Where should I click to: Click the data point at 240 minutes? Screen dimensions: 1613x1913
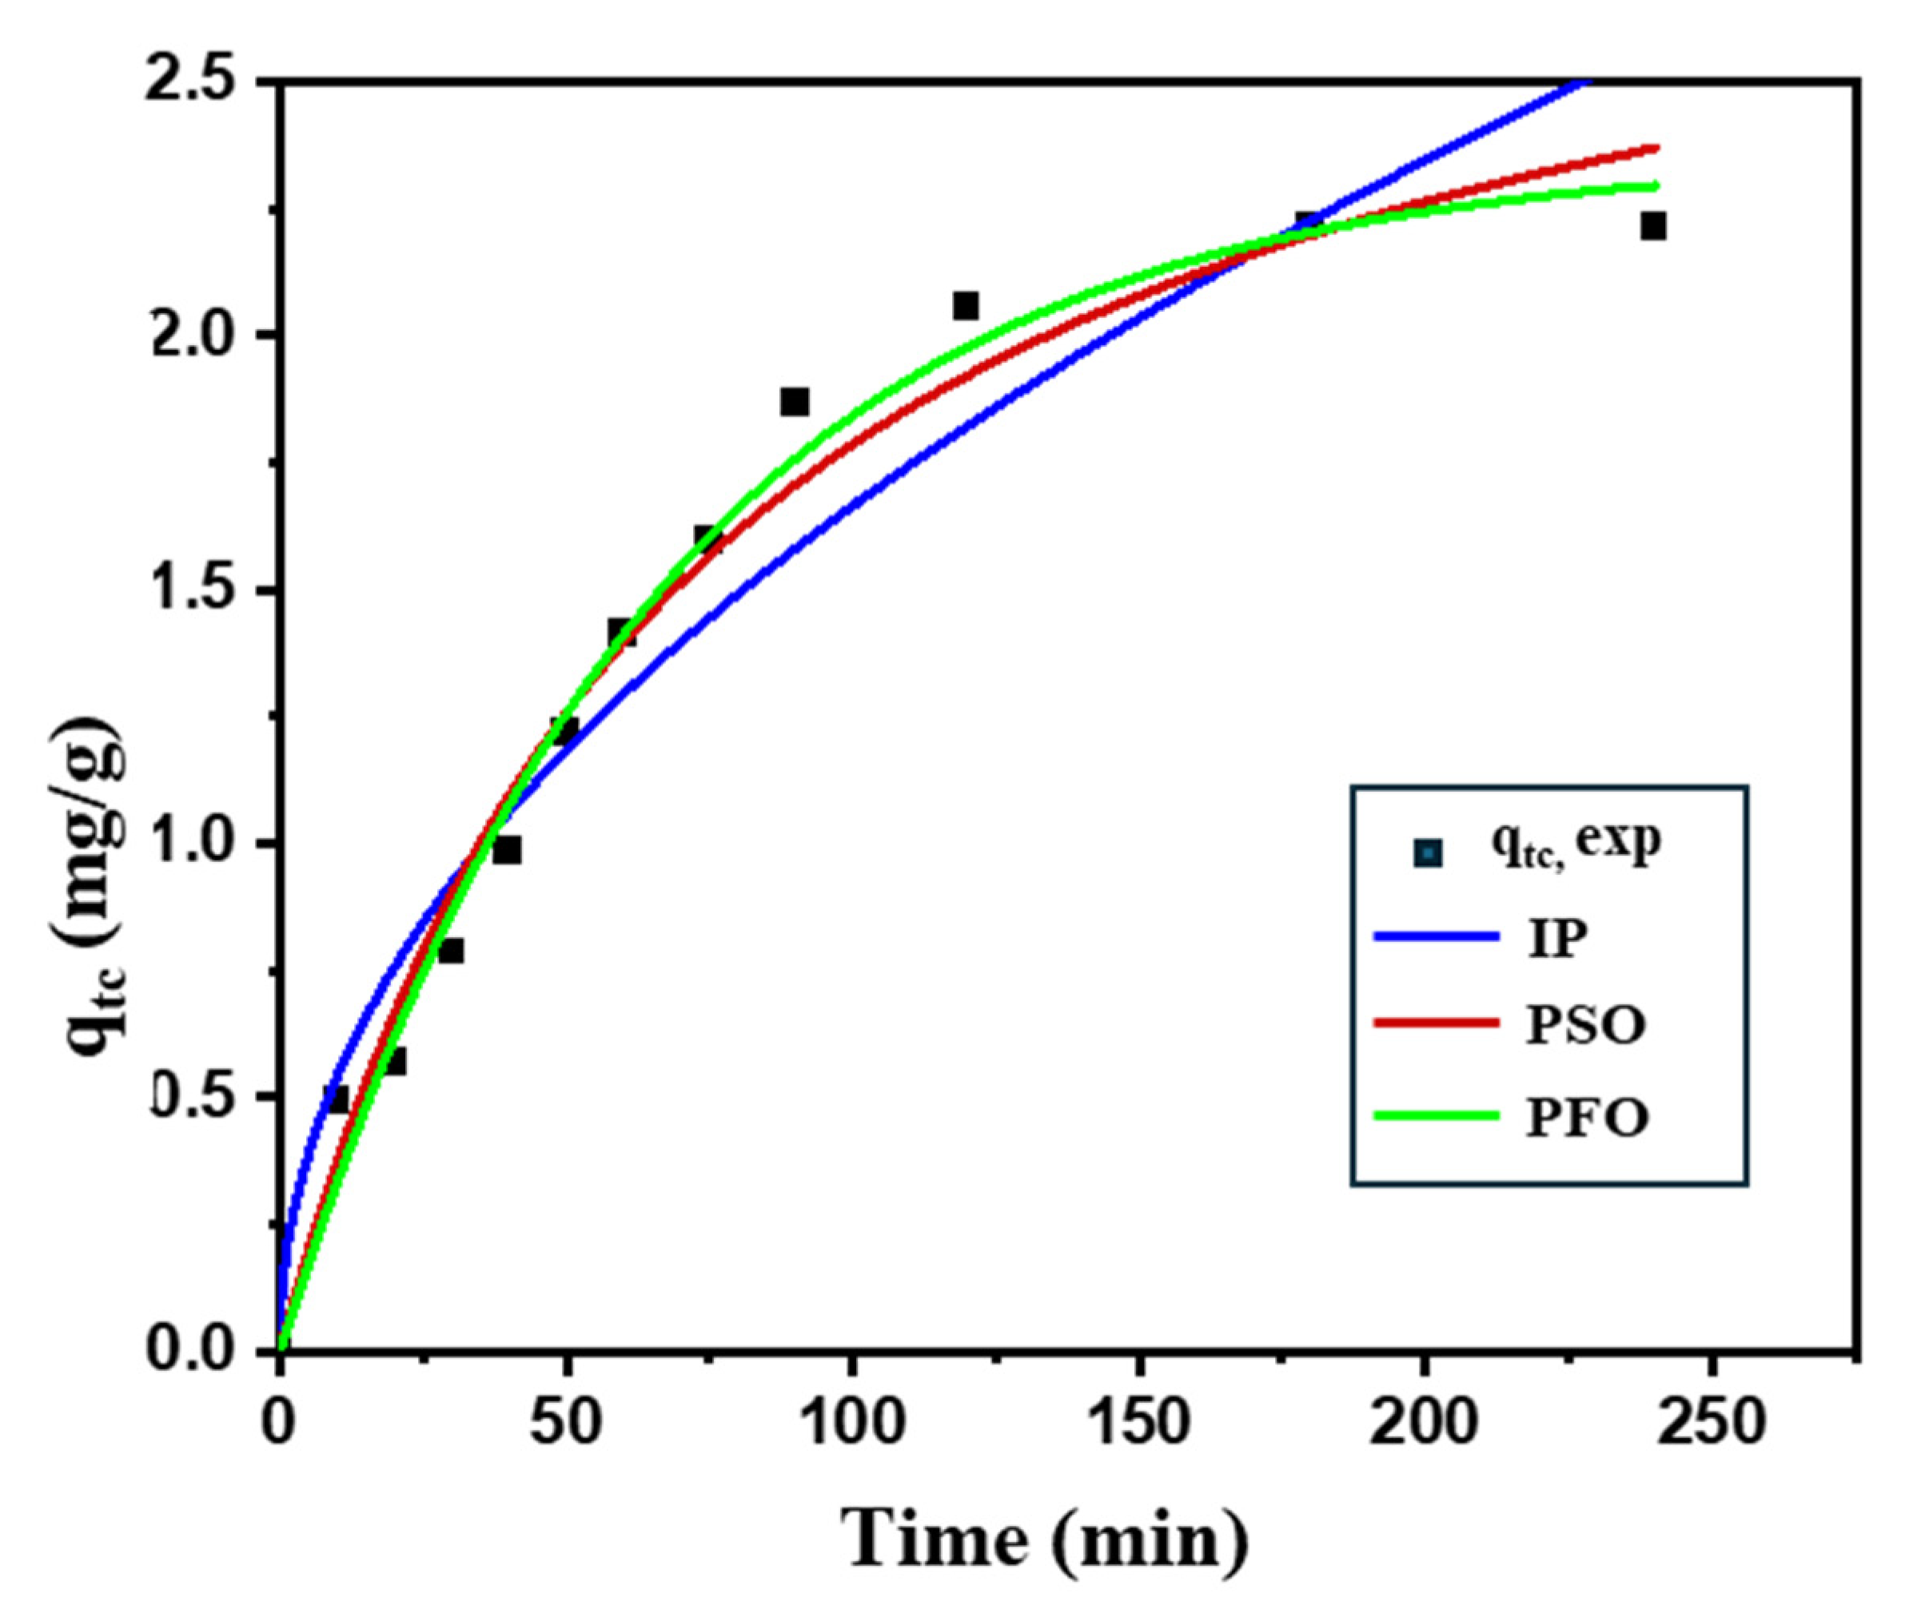1653,225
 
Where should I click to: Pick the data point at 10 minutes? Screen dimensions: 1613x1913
337,1099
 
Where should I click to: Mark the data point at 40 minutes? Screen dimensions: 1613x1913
508,850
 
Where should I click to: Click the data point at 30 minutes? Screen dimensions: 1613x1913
451,951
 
